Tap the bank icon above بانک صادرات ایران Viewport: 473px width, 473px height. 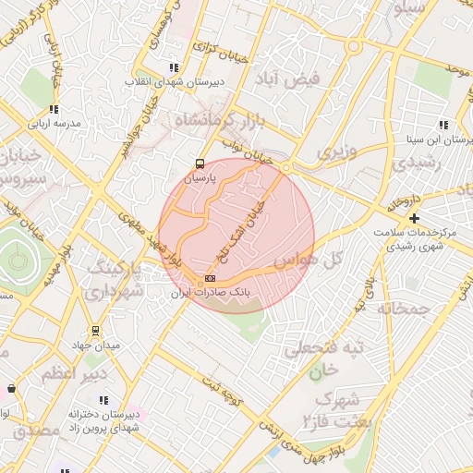[210, 278]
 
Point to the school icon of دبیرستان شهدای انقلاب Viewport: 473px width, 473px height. [173, 67]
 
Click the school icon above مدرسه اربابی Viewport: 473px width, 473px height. [55, 109]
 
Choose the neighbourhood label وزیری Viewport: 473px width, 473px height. [335, 150]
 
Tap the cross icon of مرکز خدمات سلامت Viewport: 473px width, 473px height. [414, 219]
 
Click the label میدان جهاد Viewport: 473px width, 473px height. [95, 346]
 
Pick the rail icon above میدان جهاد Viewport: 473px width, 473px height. [95, 331]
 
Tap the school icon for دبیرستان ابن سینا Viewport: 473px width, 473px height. [443, 125]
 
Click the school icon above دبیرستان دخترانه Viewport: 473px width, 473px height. [103, 401]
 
